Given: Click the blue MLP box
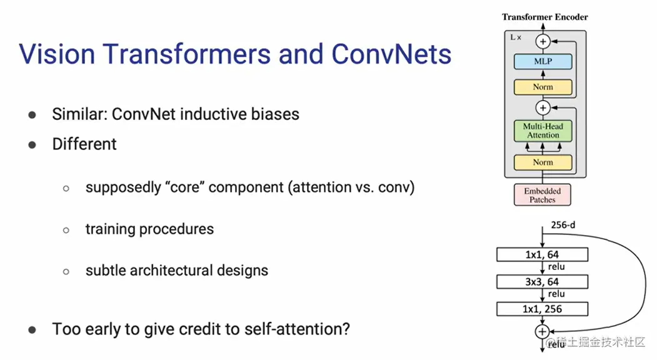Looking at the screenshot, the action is point(543,62).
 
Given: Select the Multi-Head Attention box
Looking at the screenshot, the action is point(543,131).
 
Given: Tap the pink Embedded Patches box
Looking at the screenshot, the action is point(542,195).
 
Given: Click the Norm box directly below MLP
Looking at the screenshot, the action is point(543,87).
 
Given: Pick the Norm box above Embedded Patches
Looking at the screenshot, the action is point(543,162).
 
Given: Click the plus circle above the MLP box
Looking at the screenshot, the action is point(543,41).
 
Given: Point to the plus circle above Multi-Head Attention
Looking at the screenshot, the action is point(543,107).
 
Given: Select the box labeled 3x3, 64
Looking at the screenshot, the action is point(542,282).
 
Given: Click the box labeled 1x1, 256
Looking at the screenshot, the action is point(542,309).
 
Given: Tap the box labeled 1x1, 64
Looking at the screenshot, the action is point(542,254).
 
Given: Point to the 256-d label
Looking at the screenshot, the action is point(563,225).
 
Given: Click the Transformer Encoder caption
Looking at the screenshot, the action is point(544,17).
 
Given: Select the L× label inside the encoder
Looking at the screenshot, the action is point(516,37).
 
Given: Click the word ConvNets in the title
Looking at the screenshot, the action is point(391,54).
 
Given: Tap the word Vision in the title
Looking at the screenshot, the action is point(57,54).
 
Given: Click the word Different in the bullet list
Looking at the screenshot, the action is point(84,144).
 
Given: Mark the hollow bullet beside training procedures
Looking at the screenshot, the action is point(66,230).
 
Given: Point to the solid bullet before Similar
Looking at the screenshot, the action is point(33,115).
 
